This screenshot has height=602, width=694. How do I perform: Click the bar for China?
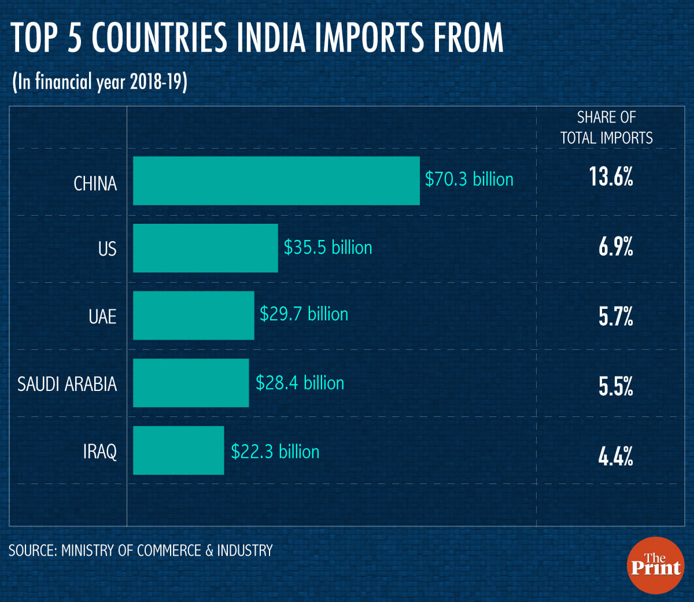point(276,180)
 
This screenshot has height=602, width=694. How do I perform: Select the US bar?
point(205,248)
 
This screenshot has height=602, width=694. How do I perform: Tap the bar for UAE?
point(193,315)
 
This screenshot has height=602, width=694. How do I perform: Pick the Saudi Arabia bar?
point(191,383)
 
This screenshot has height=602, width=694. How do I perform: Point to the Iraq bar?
point(178,450)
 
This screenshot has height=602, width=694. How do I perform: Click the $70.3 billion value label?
point(469,179)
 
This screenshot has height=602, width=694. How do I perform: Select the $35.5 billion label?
point(327,248)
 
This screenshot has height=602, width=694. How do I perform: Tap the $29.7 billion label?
point(304,314)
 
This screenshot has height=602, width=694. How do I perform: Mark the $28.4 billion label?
point(300,383)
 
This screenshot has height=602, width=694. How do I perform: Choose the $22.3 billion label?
point(275,452)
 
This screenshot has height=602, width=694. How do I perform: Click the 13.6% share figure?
point(611,177)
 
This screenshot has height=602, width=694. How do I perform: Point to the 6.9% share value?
point(615,248)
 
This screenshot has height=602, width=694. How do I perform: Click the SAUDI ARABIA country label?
point(67,384)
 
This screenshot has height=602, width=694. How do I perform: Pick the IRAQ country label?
point(99,451)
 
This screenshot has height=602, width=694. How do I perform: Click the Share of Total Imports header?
point(606,128)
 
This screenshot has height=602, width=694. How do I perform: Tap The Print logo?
point(655,565)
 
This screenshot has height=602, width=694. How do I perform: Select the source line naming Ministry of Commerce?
point(141,551)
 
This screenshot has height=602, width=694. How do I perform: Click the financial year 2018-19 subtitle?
point(99,82)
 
